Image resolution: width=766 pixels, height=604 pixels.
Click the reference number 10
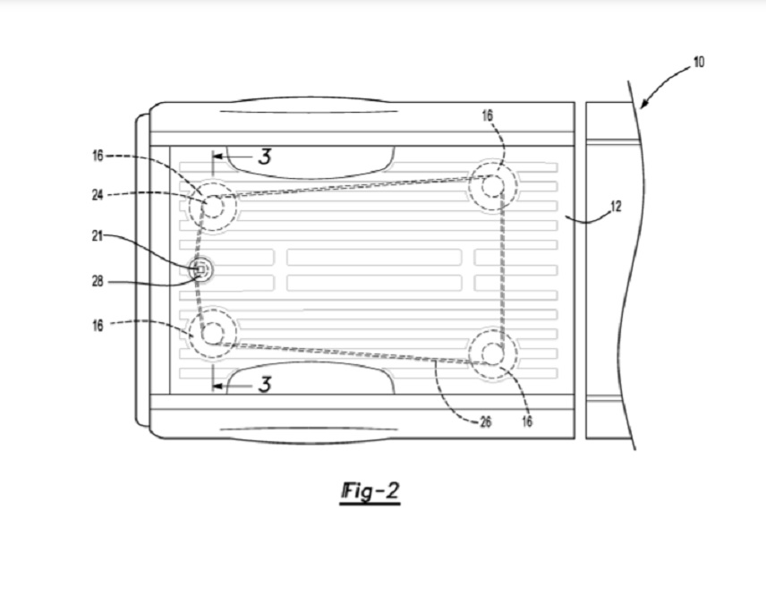click(699, 62)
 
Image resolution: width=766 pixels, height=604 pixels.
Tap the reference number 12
click(616, 207)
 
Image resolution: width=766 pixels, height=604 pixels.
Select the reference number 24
click(98, 195)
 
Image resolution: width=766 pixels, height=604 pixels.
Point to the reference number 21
click(98, 236)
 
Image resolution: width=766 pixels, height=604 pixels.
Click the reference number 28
click(98, 282)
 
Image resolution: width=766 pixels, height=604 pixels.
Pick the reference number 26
click(485, 421)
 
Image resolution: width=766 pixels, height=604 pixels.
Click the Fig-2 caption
click(370, 491)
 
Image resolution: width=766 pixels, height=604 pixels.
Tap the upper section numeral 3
click(264, 157)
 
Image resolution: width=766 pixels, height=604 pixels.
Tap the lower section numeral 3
click(264, 385)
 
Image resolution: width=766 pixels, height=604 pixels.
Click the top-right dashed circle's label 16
click(487, 115)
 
